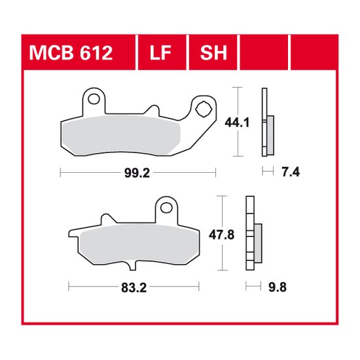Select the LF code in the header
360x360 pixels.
[x=162, y=53]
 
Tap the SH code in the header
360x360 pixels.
[x=213, y=53]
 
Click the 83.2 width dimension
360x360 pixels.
[x=134, y=286]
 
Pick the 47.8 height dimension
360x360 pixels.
[x=236, y=234]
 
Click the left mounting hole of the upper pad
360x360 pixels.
[x=95, y=100]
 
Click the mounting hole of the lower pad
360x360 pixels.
[x=167, y=209]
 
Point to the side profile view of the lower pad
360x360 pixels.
[x=252, y=234]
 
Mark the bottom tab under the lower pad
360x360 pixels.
[x=135, y=264]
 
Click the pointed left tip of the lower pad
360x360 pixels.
[x=71, y=232]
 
